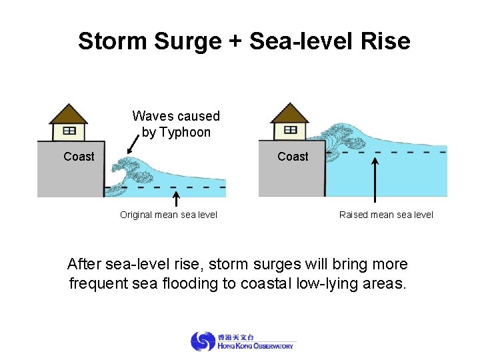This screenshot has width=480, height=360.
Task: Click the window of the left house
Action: (x=69, y=130)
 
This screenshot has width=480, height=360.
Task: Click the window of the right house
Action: (x=290, y=129)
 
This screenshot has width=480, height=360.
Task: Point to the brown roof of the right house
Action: (x=290, y=113)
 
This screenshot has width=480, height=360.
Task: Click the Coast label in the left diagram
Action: (x=79, y=157)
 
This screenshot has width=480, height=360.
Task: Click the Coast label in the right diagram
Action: (x=293, y=157)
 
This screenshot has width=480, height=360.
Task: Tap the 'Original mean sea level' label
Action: (x=168, y=215)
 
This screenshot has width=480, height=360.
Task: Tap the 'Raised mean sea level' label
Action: (x=386, y=215)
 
